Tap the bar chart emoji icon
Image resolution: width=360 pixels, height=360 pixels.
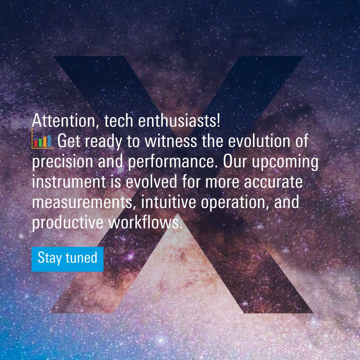[x=42, y=141]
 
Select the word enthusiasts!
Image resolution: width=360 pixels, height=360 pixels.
[x=179, y=121]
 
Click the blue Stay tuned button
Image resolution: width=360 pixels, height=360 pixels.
[x=67, y=259]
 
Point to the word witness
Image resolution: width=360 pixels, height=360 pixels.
[x=168, y=141]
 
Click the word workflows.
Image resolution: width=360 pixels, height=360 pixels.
[x=146, y=223]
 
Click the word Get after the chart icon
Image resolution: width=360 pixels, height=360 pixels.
[x=69, y=141]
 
